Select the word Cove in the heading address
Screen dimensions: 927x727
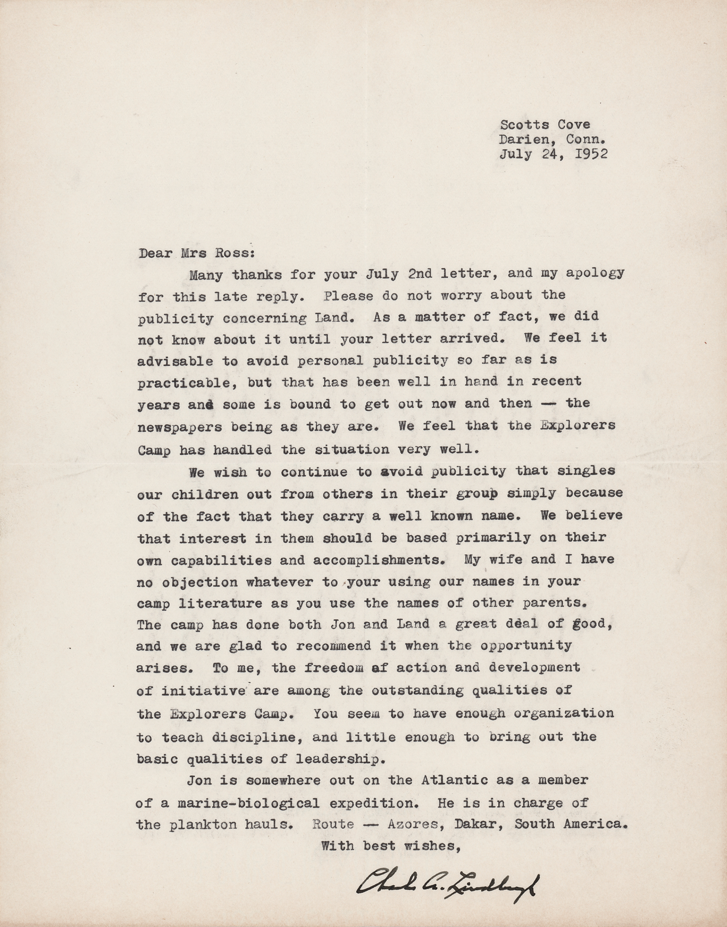point(574,124)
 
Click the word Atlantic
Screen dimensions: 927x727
point(455,780)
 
